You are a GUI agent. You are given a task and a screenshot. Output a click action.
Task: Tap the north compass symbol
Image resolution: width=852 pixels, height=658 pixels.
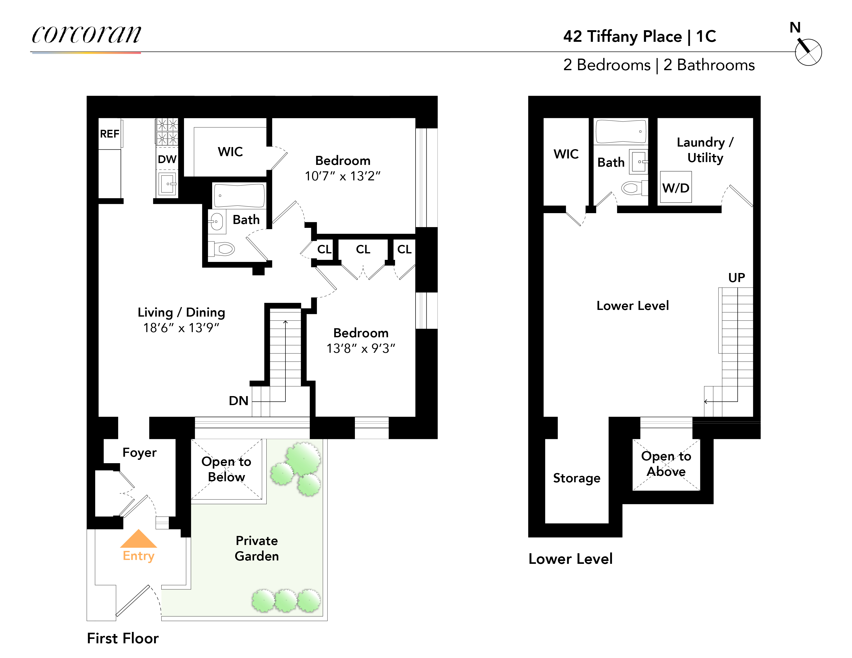click(x=808, y=52)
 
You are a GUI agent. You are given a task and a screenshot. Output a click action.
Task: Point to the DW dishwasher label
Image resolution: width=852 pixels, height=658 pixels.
click(x=167, y=159)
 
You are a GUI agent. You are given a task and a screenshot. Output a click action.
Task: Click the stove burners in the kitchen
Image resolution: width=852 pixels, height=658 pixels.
click(x=167, y=131)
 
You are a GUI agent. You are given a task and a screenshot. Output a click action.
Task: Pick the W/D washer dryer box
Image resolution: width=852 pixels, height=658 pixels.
click(x=676, y=188)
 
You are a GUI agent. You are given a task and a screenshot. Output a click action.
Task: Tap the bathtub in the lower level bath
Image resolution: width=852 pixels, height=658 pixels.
click(x=620, y=131)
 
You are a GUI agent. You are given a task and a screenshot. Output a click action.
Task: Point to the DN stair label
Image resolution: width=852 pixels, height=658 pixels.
click(x=238, y=400)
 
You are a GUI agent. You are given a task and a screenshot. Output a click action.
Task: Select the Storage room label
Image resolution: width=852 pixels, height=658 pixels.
click(x=577, y=478)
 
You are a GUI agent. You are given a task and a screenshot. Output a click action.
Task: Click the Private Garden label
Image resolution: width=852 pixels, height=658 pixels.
click(x=257, y=548)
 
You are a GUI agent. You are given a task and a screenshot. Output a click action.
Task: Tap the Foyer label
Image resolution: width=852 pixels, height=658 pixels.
click(x=139, y=452)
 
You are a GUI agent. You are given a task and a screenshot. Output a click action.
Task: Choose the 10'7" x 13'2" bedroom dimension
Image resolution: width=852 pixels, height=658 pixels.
click(x=342, y=176)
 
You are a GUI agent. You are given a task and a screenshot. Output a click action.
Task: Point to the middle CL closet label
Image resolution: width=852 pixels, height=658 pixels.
click(x=363, y=249)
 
